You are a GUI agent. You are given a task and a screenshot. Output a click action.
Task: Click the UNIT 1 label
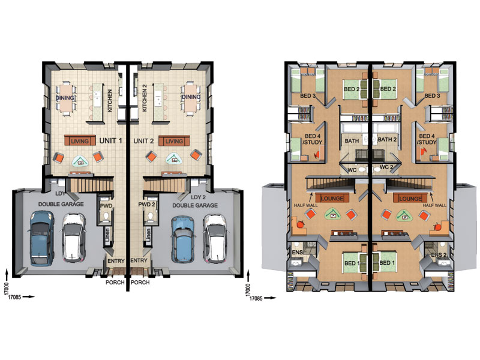click(x=110, y=141)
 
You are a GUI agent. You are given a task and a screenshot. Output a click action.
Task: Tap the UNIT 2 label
click(x=143, y=141)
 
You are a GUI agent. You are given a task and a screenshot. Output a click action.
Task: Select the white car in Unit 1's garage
click(x=73, y=238)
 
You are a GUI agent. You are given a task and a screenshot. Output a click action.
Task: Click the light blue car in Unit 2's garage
click(x=183, y=239)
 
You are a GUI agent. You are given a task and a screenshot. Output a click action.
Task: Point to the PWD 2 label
click(x=146, y=204)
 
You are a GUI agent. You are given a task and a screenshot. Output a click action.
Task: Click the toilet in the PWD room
click(x=106, y=217)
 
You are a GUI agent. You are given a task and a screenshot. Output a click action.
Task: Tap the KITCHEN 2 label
click(x=145, y=98)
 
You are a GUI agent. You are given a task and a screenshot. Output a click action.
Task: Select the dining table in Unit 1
click(x=65, y=98)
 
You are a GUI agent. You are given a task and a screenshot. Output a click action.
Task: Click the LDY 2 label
click(x=198, y=197)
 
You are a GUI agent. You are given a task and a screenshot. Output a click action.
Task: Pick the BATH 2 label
click(x=387, y=140)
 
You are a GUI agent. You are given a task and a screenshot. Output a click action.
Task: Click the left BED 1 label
click(x=350, y=263)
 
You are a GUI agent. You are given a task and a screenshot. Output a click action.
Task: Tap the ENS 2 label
click(x=439, y=255)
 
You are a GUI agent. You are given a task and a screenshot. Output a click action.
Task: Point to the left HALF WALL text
click(x=305, y=205)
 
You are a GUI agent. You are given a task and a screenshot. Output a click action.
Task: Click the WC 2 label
click(x=385, y=167)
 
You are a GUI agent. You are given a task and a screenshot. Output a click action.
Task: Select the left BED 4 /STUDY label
click(x=312, y=139)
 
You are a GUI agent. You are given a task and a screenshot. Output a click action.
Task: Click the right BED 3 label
click(x=432, y=96)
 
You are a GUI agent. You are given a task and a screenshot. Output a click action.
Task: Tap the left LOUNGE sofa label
click(x=332, y=199)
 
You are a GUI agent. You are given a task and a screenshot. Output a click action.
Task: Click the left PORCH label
click(x=115, y=282)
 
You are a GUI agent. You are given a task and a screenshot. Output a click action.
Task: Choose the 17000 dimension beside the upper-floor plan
click(x=248, y=290)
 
